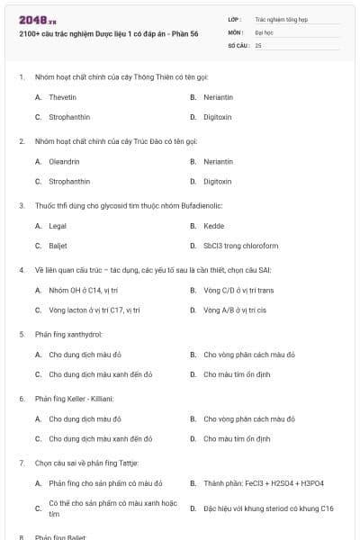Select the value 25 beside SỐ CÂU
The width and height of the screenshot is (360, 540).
click(258, 44)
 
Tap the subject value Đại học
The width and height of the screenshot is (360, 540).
click(264, 31)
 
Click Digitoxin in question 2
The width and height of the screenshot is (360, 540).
click(218, 181)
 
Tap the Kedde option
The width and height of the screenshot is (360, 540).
click(213, 226)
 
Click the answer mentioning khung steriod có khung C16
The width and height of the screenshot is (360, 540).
click(268, 508)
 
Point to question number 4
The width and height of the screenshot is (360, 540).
click(22, 269)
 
